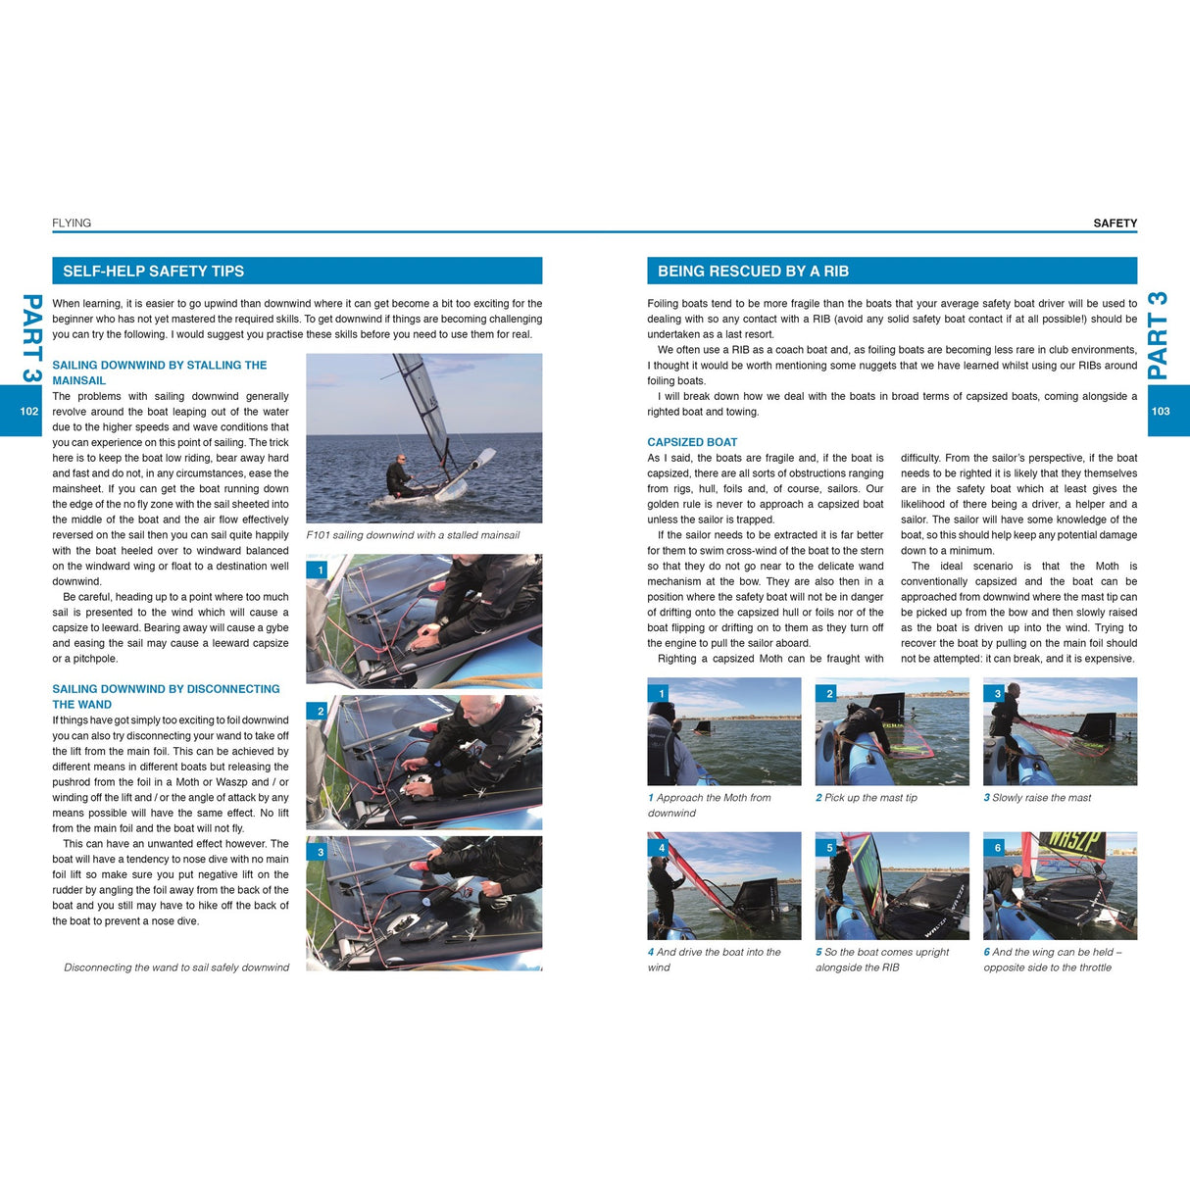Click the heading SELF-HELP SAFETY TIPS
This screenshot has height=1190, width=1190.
tap(154, 272)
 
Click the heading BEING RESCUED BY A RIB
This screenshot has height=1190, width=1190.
tap(753, 272)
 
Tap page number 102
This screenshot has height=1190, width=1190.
tap(29, 411)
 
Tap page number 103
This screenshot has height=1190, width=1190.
tap(1161, 411)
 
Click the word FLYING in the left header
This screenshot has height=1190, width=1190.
tap(72, 223)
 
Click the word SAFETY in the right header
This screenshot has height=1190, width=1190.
tap(1115, 223)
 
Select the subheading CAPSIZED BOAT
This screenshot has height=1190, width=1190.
tap(692, 442)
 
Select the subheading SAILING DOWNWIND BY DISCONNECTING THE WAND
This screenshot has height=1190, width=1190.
tap(165, 696)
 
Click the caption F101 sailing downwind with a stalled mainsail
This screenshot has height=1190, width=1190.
tap(413, 535)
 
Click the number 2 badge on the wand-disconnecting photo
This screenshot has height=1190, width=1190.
tap(321, 711)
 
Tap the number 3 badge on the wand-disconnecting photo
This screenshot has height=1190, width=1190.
tap(321, 852)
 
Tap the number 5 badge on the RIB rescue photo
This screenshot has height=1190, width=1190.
tap(829, 848)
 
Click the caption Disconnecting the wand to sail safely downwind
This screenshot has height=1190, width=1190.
tap(176, 967)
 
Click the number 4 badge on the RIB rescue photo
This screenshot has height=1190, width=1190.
tap(662, 848)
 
